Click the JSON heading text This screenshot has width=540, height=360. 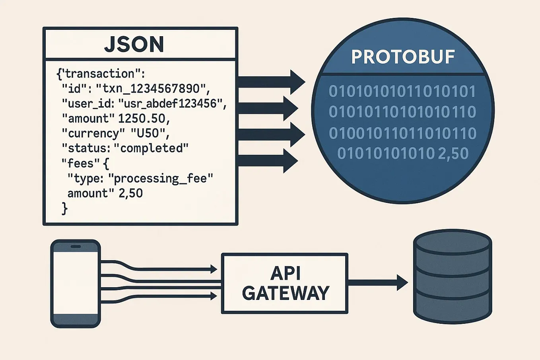(x=134, y=44)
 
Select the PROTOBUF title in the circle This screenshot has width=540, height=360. (x=403, y=57)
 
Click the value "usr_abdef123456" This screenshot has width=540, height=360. (x=172, y=103)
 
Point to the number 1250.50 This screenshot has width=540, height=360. (x=141, y=118)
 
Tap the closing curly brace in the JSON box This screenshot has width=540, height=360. (x=65, y=208)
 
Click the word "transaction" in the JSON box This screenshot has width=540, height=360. (x=99, y=74)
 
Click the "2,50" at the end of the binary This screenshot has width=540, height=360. (x=453, y=154)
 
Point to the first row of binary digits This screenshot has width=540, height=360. (x=402, y=91)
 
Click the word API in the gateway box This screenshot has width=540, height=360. (x=285, y=273)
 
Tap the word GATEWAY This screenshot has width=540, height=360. (x=286, y=294)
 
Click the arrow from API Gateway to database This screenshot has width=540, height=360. (x=378, y=282)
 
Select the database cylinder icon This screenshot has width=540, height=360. (x=453, y=276)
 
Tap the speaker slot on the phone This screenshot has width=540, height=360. (x=76, y=247)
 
